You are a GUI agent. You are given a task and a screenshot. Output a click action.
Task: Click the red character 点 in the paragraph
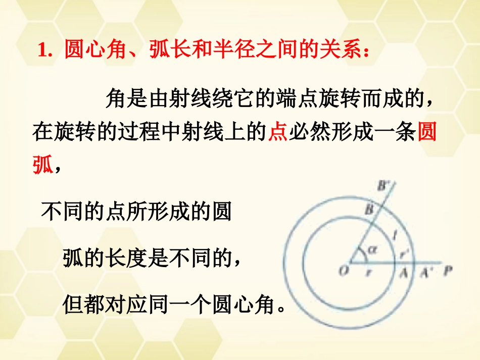277,133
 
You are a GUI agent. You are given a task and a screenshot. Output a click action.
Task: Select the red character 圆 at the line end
428,133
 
